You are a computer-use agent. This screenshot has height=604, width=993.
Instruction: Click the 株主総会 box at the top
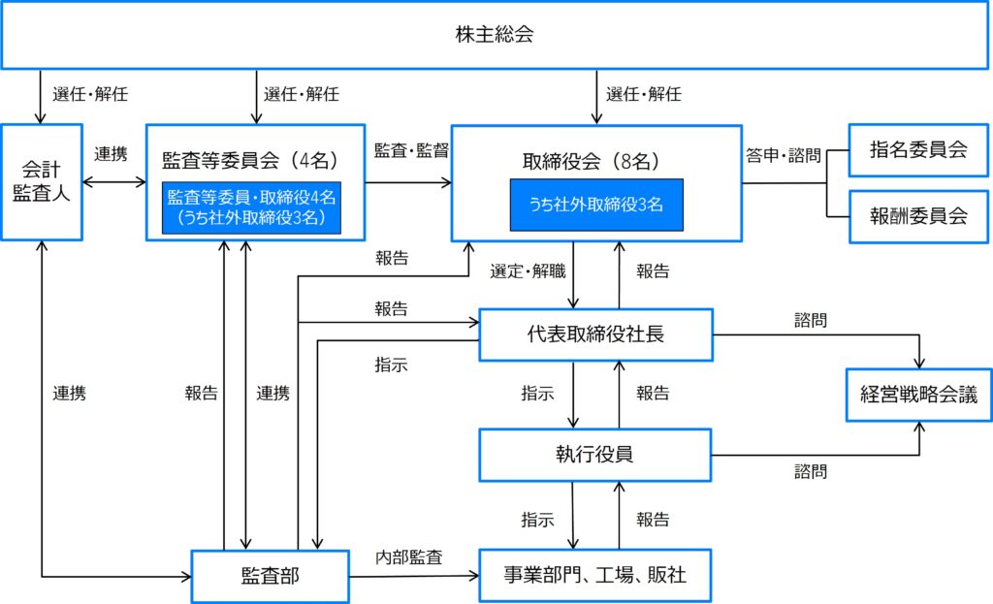(495, 34)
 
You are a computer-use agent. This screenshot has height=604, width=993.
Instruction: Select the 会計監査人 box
(42, 182)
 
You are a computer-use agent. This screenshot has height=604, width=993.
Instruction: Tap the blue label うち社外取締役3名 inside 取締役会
(596, 205)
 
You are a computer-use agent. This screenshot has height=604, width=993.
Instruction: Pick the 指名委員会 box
(918, 150)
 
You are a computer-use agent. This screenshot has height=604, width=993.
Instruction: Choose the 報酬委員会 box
(918, 216)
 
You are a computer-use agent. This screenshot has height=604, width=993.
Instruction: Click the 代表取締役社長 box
(596, 334)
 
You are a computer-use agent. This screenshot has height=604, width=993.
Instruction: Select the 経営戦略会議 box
(919, 395)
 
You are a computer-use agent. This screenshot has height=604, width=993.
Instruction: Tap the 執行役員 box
(594, 455)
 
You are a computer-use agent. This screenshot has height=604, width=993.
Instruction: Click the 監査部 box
(271, 576)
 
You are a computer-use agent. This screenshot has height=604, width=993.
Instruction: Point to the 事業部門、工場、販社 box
(594, 576)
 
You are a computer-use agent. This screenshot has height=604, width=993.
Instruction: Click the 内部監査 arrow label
(409, 557)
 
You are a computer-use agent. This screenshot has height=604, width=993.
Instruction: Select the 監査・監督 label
(411, 150)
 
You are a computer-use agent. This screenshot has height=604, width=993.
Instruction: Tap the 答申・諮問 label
(784, 155)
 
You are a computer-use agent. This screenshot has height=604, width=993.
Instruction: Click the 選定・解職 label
(529, 271)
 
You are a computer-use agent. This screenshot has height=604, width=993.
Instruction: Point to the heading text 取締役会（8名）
(592, 162)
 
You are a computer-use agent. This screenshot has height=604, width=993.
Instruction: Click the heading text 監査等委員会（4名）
(251, 160)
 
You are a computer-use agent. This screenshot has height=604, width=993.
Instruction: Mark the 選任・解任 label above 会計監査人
(90, 94)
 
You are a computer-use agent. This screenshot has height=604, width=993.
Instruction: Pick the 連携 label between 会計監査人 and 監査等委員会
(111, 154)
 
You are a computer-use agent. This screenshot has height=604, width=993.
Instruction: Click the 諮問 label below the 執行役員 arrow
(811, 472)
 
